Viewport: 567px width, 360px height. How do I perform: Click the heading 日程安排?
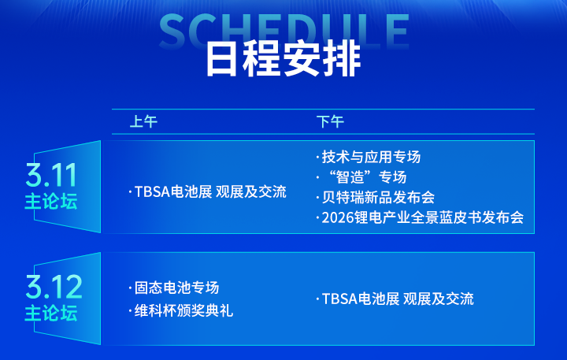tap(283, 58)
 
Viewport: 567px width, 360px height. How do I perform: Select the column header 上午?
tap(143, 122)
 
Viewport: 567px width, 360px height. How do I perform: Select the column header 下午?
tap(329, 122)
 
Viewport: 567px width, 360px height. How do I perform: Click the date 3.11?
tap(51, 173)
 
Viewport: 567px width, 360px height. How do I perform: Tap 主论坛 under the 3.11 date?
tap(51, 201)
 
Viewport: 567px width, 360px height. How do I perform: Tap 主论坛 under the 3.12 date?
tap(51, 313)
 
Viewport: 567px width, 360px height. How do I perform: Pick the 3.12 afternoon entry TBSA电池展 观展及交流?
tap(398, 299)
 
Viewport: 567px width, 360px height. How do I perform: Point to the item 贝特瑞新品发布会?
tap(378, 197)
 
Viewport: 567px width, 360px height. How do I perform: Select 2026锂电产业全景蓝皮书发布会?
tap(422, 217)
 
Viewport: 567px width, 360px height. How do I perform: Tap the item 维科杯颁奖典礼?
tap(183, 311)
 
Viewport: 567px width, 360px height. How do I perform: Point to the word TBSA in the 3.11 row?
tap(152, 192)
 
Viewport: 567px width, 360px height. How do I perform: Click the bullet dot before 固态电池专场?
tap(130, 288)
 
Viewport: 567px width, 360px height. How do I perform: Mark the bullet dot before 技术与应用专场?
tap(317, 157)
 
